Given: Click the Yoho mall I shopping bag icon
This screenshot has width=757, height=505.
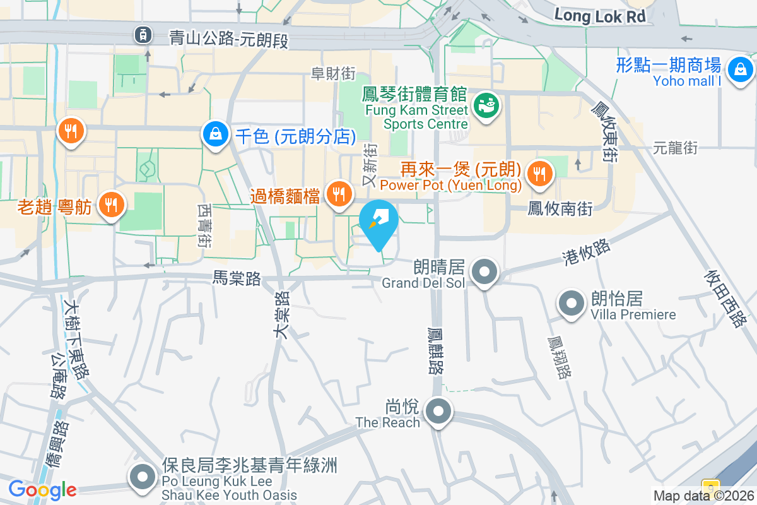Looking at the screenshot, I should pos(739,69).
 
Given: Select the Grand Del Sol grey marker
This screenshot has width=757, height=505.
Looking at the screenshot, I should pos(484,273).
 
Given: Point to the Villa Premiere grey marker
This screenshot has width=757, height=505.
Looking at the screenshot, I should pos(572,304).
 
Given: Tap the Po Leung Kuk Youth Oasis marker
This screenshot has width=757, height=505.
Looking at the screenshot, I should pos(142,477).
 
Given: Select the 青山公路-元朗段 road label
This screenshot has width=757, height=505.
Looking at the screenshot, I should pos(229,40).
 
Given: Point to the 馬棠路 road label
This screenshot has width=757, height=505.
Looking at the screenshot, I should pos(237,278).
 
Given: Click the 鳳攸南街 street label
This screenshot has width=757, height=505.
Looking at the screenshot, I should pos(560,208).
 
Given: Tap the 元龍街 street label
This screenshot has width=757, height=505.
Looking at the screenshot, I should pos(675,148).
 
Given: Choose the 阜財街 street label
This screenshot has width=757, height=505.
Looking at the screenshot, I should pos(333,74).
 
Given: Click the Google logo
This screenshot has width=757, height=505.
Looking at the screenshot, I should pos(42,489).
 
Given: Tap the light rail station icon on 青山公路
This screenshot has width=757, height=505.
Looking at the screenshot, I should pos(144,35).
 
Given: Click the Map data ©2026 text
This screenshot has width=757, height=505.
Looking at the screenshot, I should pos(703,496).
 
